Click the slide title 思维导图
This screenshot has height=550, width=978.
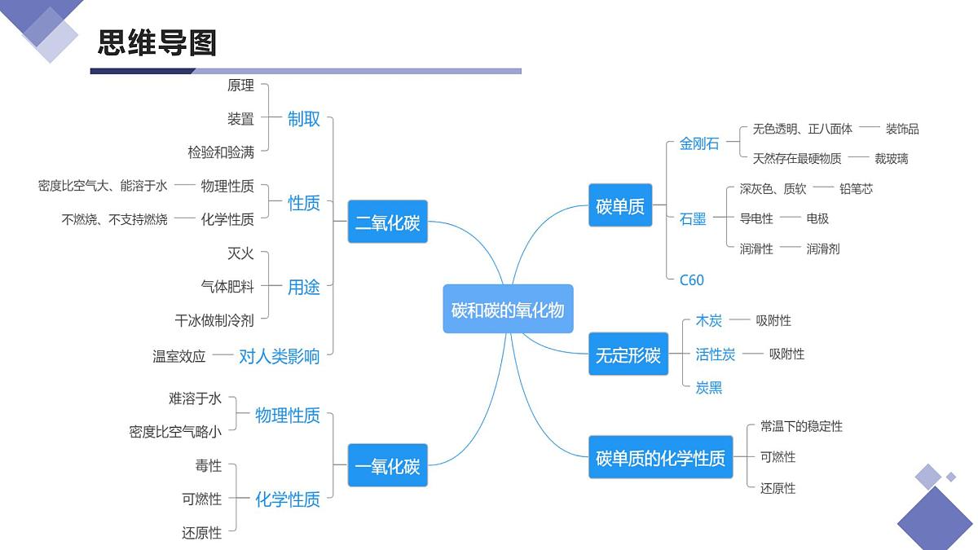157,42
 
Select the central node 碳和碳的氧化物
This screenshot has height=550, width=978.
508,309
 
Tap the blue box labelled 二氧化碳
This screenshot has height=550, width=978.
387,222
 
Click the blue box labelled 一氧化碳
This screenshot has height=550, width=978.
387,466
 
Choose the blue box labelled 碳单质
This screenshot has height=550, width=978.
619,206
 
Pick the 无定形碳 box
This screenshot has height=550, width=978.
628,354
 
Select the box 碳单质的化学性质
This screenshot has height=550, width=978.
660,457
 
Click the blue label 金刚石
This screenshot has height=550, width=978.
699,143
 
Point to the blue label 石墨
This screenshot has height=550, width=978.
693,218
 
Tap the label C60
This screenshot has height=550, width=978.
691,279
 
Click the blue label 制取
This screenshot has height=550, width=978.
304,119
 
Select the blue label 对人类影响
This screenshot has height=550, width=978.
279,355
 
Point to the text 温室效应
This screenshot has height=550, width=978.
179,356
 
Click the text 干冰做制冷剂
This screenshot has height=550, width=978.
214,320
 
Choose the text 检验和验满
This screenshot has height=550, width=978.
221,152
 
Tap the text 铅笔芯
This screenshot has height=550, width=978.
856,188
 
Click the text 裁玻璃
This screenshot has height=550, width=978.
891,158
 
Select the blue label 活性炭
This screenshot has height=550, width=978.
716,354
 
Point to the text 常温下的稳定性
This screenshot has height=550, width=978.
801,426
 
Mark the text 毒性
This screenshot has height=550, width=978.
208,465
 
